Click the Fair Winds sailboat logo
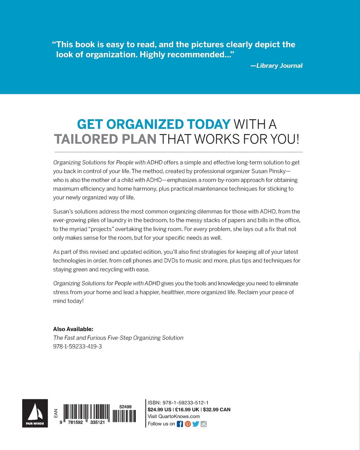[x=35, y=413]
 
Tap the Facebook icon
[x=180, y=424]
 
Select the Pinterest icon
[x=188, y=424]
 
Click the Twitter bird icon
[x=196, y=424]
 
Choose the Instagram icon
[x=203, y=424]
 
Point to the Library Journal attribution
[x=277, y=66]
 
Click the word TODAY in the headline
[x=208, y=124]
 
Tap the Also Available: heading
[x=73, y=329]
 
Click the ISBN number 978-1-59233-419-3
[x=77, y=346]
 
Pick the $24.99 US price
[x=159, y=410]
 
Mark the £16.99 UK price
[x=187, y=410]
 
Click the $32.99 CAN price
[x=216, y=410]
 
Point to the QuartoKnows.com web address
[x=179, y=417]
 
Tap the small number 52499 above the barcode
[x=125, y=407]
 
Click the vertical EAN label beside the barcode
[x=56, y=413]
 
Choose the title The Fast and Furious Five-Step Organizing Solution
[x=118, y=338]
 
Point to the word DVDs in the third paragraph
[x=171, y=261]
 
